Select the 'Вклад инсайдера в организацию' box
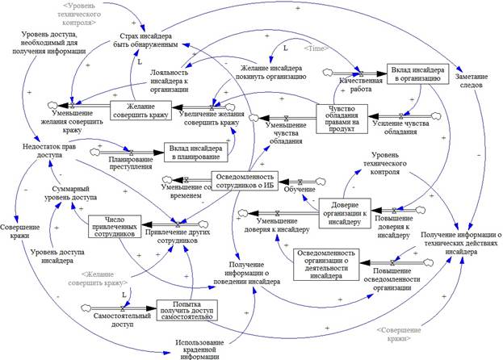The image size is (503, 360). tap(415, 74)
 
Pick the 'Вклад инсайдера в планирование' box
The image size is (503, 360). tap(195, 151)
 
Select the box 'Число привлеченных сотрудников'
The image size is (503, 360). tap(119, 222)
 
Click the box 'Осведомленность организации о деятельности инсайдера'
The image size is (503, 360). tap(327, 263)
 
